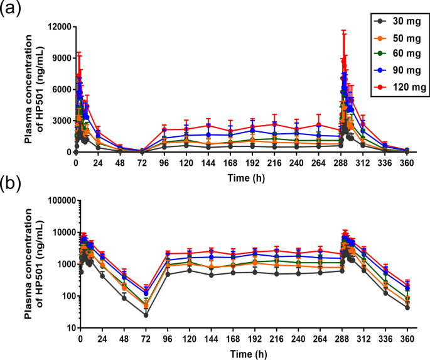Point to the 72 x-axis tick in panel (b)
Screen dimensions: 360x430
click(146, 337)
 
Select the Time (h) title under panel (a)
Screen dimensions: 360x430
click(242, 177)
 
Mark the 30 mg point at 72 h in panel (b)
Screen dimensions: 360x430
click(146, 315)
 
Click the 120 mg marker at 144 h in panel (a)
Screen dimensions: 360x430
click(212, 126)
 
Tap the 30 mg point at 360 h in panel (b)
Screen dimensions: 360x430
click(407, 307)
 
